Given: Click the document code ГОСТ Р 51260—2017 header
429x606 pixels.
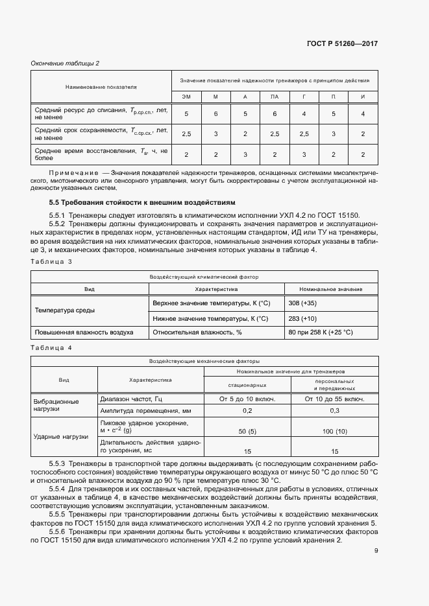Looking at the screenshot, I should coord(341,43).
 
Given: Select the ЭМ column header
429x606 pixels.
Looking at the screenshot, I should coord(186,97).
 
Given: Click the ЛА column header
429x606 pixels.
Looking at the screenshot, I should coord(275,97).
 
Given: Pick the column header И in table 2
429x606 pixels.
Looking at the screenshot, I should coord(363,97).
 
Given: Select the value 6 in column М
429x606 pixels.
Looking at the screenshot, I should coord(215,114).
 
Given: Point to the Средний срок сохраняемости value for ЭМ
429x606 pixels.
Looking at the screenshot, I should coord(186,134).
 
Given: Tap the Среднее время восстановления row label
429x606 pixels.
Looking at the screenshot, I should coord(101,154).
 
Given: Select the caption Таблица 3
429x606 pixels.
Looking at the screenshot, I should coord(51,261).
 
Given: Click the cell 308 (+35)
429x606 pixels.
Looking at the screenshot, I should coord(303,303).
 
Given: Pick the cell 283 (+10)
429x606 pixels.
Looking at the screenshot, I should coord(303,318).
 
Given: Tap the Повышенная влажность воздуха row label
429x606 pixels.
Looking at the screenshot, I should coord(84,332).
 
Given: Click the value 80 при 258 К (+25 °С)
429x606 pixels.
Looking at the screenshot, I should coord(321,332).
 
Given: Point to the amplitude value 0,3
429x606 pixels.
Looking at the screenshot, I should coord(334,411).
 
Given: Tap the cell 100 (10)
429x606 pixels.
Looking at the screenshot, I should coord(334,431).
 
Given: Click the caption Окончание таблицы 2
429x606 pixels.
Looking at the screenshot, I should coord(66,63).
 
